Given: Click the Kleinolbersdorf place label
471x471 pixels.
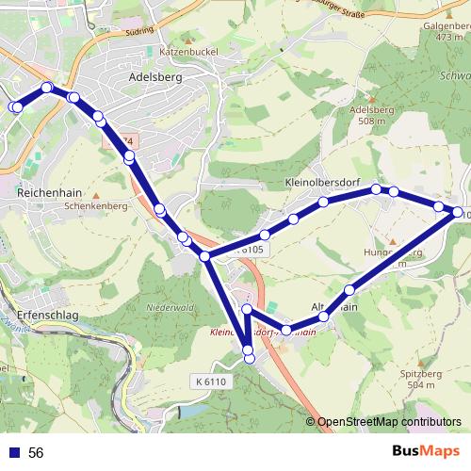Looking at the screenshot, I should tap(321, 181).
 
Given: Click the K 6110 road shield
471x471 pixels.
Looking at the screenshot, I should tap(212, 381).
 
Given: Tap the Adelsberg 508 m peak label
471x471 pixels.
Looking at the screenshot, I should tap(367, 115).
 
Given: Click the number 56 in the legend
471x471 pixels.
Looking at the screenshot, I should tap(36, 452).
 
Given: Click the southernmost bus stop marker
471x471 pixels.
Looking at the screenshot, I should tap(249, 358).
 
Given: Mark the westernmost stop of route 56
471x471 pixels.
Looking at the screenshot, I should tap(15, 107).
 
